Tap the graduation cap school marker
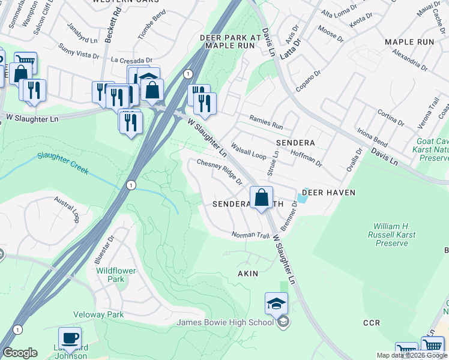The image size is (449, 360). pyautogui.click(x=276, y=304)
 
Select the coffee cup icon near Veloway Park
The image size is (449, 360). pyautogui.click(x=70, y=338)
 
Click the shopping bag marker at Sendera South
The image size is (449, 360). pyautogui.click(x=262, y=197)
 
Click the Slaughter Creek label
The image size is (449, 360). pyautogui.click(x=62, y=162)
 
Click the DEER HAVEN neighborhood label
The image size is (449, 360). pyautogui.click(x=328, y=193)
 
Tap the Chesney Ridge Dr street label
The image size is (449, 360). pyautogui.click(x=219, y=172)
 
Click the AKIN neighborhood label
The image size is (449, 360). pyautogui.click(x=248, y=274)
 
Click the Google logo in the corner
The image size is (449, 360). pyautogui.click(x=20, y=353)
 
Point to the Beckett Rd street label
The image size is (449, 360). pyautogui.click(x=109, y=26)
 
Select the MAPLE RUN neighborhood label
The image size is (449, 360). pyautogui.click(x=409, y=42)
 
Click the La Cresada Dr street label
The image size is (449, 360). pyautogui.click(x=132, y=61)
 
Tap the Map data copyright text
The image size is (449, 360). pyautogui.click(x=412, y=355)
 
